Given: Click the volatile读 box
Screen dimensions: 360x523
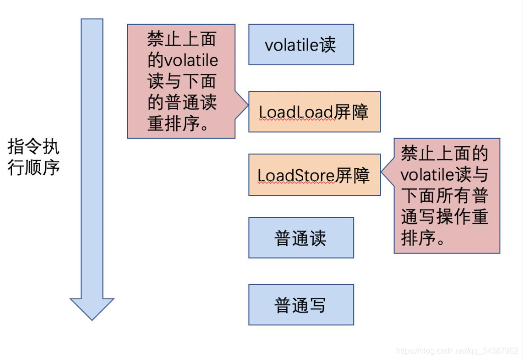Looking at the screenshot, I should pos(301,45).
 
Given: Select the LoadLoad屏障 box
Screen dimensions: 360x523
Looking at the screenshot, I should pos(314,111).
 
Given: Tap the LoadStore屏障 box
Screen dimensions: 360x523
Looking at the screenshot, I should pos(314,175).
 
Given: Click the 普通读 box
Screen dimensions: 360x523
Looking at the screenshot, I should pos(301,237).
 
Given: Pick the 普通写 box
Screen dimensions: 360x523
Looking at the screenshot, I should pos(301,305).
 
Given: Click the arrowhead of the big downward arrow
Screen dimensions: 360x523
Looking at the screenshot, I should pos(92,308).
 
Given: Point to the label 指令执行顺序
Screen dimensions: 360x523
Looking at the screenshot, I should pos(34,157).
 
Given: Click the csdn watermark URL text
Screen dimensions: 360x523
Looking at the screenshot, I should pos(457,350).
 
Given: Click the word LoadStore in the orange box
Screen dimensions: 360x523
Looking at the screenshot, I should pos(296,175).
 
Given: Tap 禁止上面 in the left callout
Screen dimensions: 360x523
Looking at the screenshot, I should pos(183,40).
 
